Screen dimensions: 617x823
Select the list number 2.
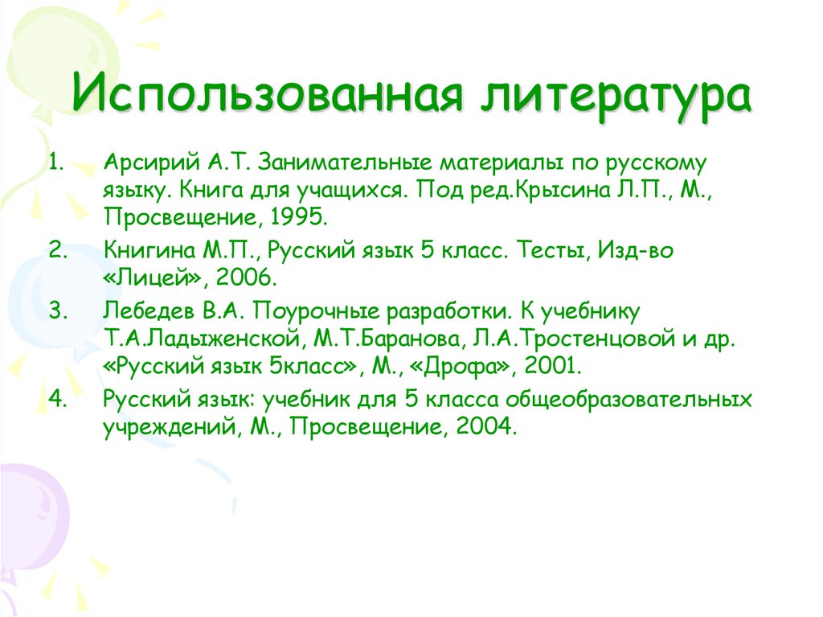tap(55, 250)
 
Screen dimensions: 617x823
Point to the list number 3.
tap(55, 310)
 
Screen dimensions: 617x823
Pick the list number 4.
tap(55, 397)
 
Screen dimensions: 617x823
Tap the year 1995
tap(299, 217)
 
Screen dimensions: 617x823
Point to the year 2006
tap(247, 278)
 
